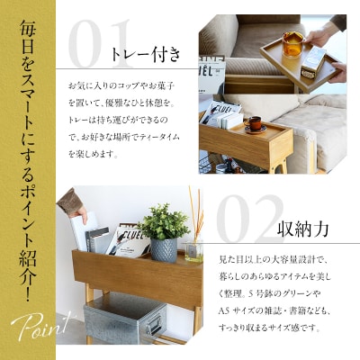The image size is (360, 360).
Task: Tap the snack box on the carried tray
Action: tap(312, 61)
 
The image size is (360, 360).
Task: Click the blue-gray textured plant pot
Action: tap(163, 247)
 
